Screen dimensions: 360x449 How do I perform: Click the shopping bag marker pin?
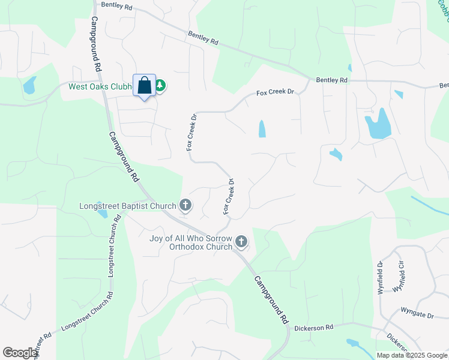[x=144, y=86]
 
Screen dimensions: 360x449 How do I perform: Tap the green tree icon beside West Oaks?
[x=160, y=86]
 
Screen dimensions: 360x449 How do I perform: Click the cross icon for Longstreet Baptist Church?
[x=185, y=206]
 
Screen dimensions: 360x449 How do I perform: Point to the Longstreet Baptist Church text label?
[x=127, y=206]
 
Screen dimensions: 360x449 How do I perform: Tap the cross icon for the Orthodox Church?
[x=241, y=242]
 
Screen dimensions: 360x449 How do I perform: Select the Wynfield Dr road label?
[x=381, y=273]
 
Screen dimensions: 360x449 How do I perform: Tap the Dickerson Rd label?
[x=313, y=328]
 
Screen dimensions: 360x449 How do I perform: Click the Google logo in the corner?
[x=20, y=353]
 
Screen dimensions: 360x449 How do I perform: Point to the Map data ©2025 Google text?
[x=411, y=355]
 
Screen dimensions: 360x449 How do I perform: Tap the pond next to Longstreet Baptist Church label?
[x=103, y=214]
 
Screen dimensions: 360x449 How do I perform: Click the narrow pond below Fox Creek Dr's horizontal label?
[x=262, y=129]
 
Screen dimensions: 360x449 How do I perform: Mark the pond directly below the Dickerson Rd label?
[x=352, y=344]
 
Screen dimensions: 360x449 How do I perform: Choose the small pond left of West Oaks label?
[x=29, y=86]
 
